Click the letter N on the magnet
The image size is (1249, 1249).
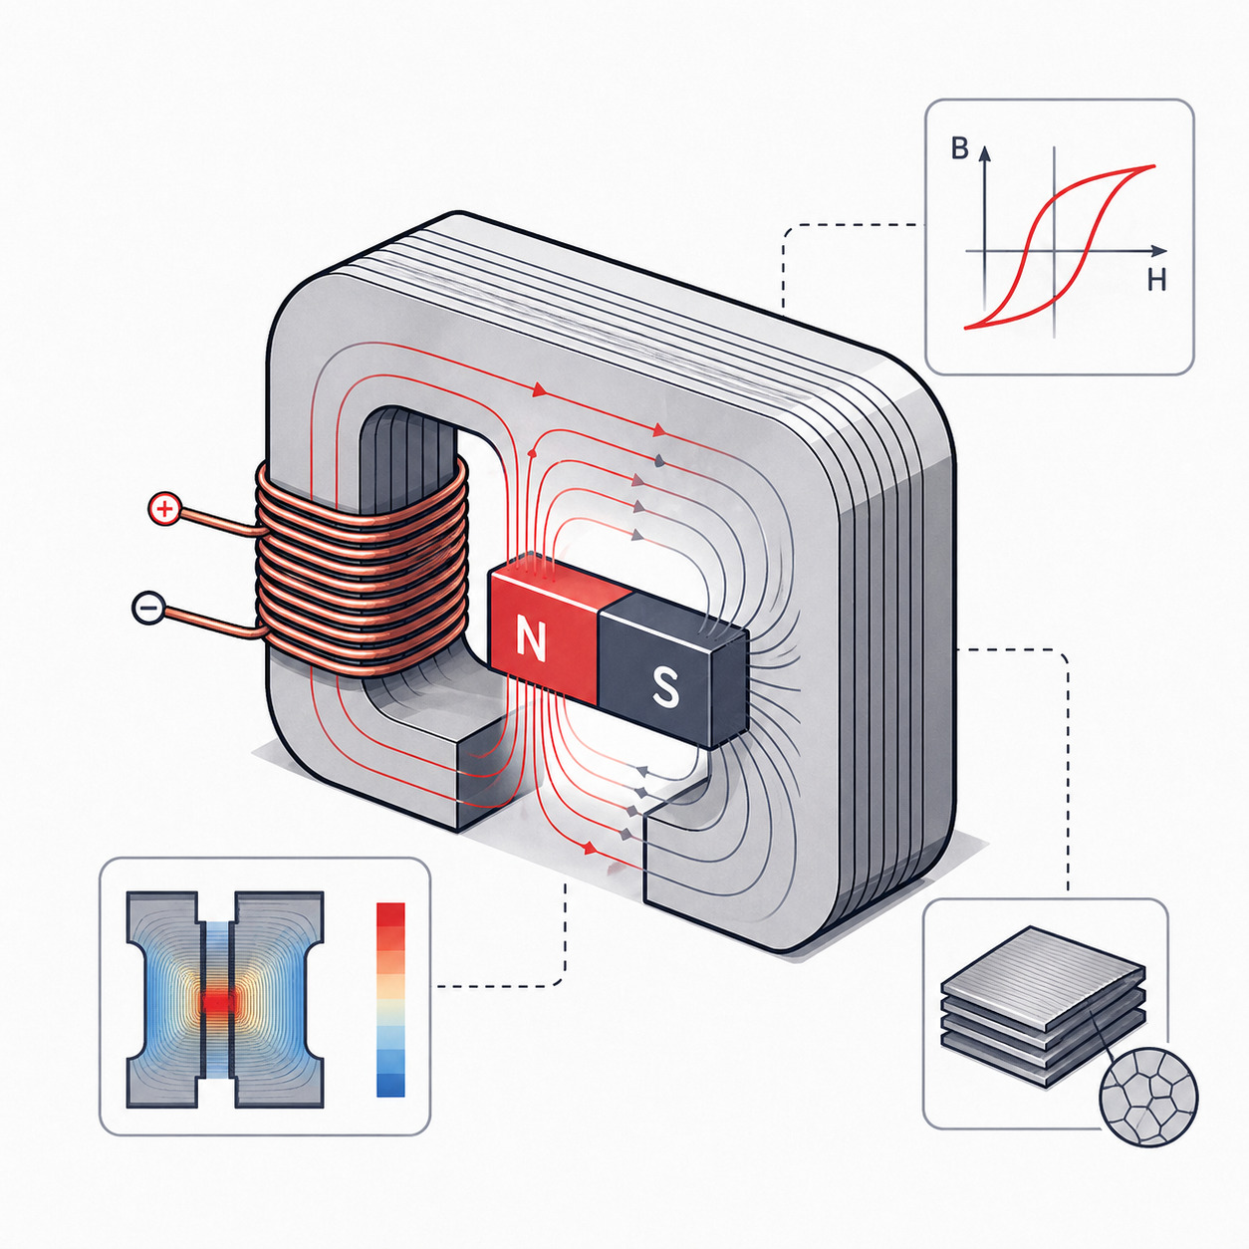(534, 639)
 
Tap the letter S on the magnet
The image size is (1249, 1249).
(665, 688)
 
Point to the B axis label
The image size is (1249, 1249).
(959, 149)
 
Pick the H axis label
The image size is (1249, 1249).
(1156, 280)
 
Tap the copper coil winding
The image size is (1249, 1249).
(362, 571)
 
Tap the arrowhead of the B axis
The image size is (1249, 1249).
(984, 153)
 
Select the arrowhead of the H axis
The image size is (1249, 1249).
(1159, 250)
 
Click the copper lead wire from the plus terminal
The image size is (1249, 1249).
(220, 523)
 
